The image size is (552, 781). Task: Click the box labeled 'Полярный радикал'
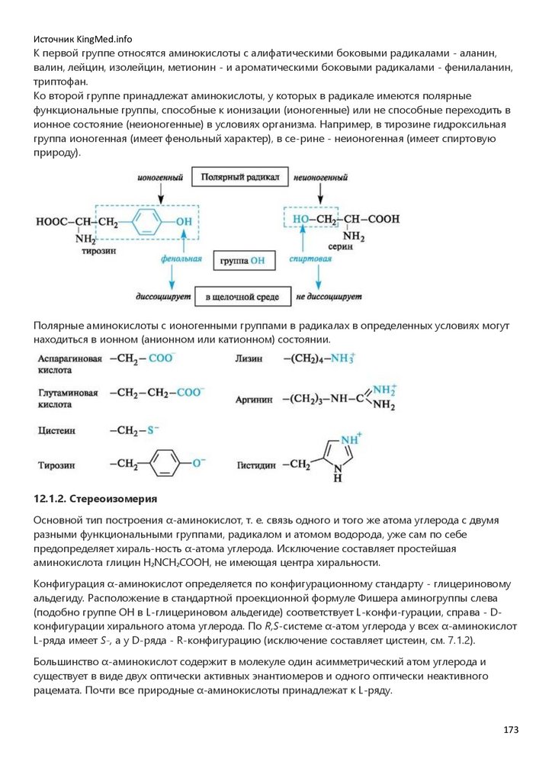[239, 178]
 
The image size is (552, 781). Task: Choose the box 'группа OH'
[242, 260]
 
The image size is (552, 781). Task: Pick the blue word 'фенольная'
[181, 259]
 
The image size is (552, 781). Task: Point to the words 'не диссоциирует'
[328, 296]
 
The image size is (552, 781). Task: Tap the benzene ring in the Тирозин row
[164, 463]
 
